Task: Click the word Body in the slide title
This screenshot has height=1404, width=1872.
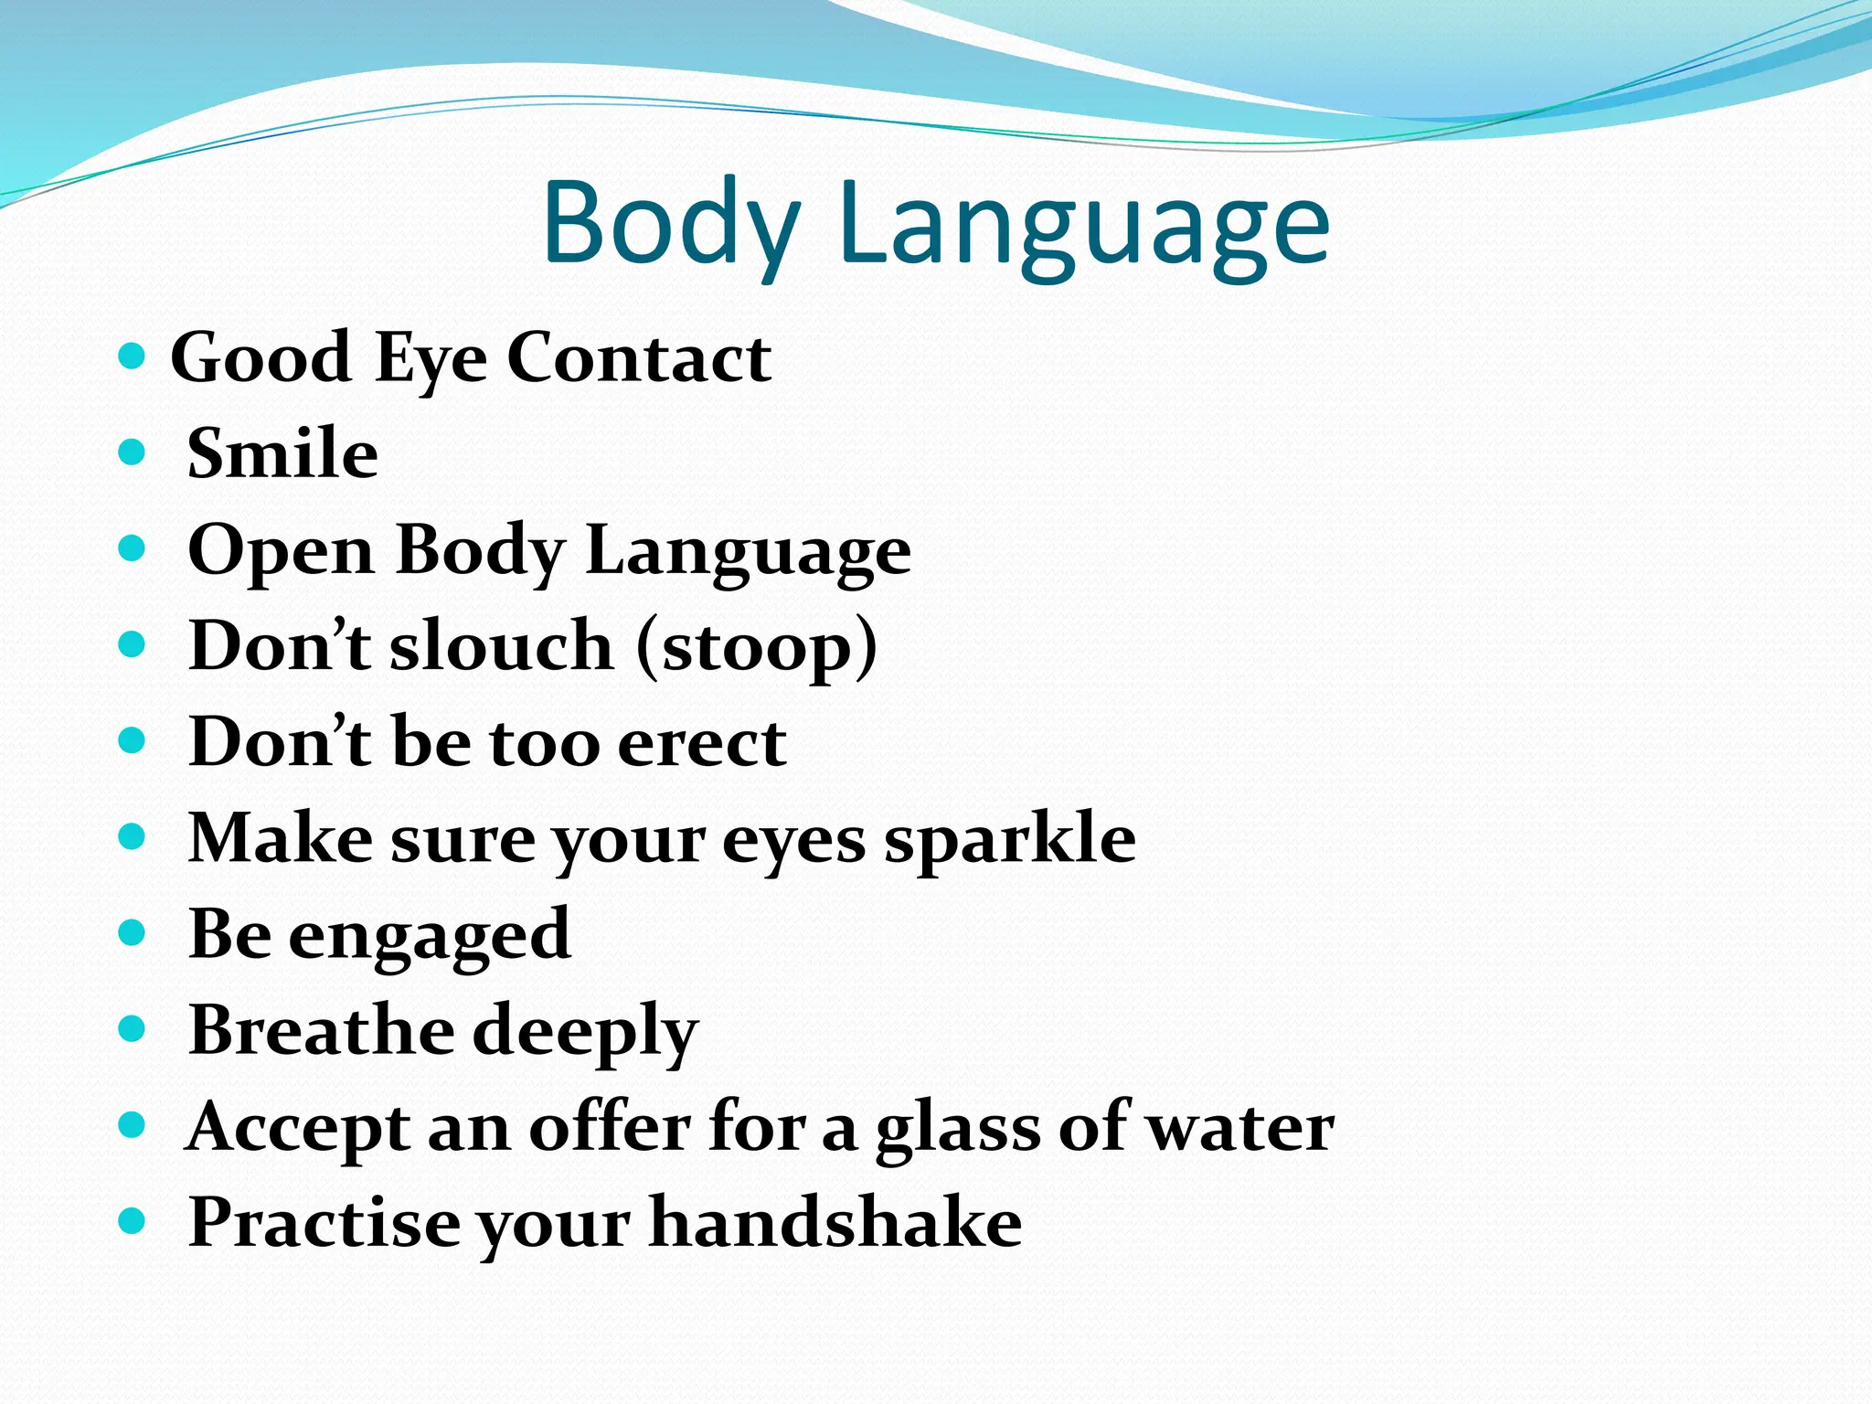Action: (x=672, y=224)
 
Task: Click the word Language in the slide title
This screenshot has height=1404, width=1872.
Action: (x=1083, y=229)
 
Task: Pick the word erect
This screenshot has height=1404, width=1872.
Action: (x=701, y=742)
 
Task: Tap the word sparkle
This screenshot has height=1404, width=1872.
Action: (x=1009, y=840)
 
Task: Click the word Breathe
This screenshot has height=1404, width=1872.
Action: (x=321, y=1030)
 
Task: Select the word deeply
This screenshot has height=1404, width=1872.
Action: (x=585, y=1033)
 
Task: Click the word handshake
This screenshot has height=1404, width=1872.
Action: (x=835, y=1223)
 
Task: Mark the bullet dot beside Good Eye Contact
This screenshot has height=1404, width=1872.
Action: (x=133, y=356)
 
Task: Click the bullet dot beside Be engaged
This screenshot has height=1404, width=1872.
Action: (x=133, y=933)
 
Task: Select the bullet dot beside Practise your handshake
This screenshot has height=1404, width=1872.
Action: (x=133, y=1220)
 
